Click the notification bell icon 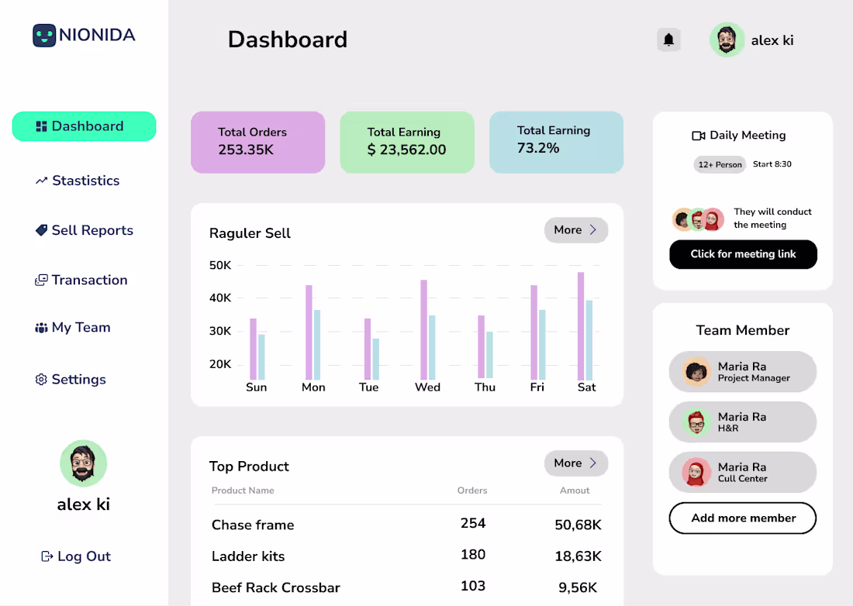point(668,40)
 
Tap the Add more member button point(743,518)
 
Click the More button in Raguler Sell point(575,230)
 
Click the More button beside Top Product point(575,463)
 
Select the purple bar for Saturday point(581,325)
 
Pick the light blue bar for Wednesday point(432,347)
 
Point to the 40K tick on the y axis point(220,298)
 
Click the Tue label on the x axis point(369,387)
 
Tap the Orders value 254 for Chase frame point(473,523)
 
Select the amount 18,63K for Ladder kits point(578,556)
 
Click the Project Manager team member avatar point(696,372)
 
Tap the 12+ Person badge point(720,164)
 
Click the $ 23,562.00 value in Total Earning point(406,150)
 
